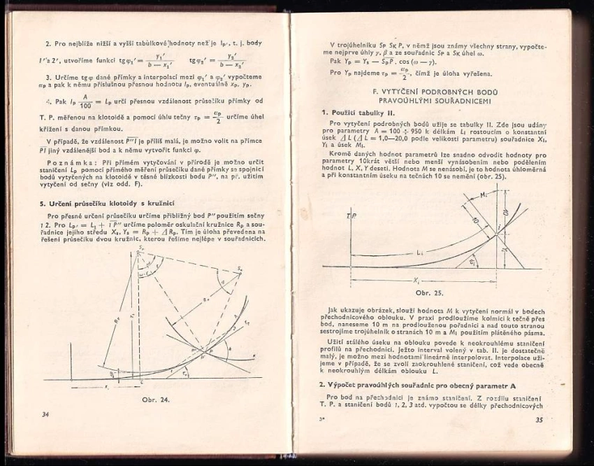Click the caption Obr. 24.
(155, 400)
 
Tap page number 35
(539, 420)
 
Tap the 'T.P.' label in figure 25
(352, 217)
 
